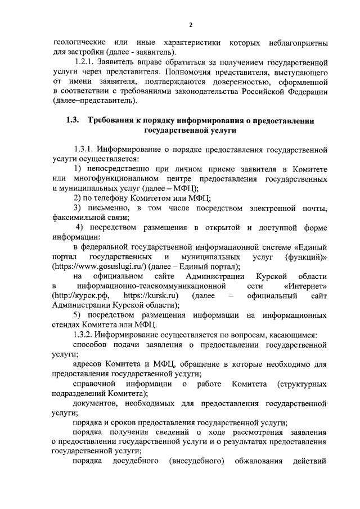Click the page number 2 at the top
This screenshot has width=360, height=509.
(x=191, y=25)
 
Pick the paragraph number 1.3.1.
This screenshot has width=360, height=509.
(x=84, y=150)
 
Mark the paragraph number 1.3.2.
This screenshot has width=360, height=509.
(x=84, y=335)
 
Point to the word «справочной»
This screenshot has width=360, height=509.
(x=94, y=384)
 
